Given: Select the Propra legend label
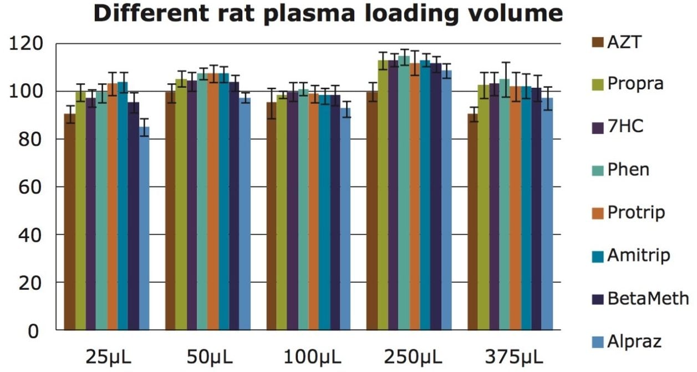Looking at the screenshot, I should [635, 84].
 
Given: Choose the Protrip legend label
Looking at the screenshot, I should [636, 212].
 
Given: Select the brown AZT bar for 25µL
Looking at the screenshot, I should [69, 222].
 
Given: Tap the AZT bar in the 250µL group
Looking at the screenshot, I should [372, 211].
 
